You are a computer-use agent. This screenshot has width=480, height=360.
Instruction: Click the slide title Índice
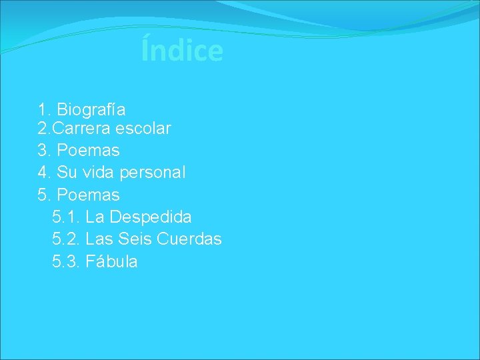(182, 51)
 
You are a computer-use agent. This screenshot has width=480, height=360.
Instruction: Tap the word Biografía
(91, 109)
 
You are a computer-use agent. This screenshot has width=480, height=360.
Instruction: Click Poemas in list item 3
(89, 151)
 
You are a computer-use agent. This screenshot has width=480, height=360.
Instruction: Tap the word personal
(153, 173)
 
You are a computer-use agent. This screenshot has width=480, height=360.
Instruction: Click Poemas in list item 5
(89, 195)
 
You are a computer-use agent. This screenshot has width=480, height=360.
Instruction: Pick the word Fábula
(112, 261)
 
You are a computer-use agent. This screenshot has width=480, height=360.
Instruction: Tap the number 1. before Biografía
(45, 109)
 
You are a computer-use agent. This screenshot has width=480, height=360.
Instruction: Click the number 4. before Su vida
(45, 173)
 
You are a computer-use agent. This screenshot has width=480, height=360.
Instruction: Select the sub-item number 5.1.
(66, 217)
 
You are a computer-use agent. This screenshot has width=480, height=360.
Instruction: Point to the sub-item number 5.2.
(66, 239)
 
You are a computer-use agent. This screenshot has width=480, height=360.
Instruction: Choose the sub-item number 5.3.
(66, 261)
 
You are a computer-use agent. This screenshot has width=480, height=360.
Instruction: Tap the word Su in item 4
(67, 173)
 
